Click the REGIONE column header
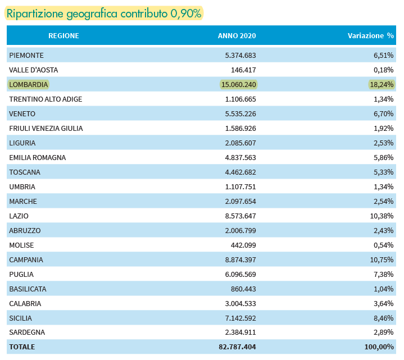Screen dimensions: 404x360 [63, 35]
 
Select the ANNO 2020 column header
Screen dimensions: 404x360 [237, 35]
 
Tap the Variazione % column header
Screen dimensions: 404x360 [371, 35]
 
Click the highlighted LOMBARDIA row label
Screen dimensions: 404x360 [28, 84]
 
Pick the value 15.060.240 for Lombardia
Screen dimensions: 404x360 [239, 84]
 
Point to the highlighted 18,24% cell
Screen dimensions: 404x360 [382, 84]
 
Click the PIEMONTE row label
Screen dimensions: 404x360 [26, 56]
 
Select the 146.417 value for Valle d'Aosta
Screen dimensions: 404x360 [243, 70]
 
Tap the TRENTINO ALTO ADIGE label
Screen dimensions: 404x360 [46, 99]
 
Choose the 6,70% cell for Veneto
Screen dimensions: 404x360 [383, 114]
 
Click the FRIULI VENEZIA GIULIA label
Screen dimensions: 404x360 [46, 128]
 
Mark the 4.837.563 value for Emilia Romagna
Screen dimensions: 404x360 [240, 158]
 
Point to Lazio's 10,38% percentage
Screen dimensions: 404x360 [382, 216]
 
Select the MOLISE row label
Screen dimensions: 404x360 [21, 245]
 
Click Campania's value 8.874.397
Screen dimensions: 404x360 [240, 259]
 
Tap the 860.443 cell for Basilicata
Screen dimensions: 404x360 [243, 289]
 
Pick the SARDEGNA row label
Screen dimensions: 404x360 [27, 332]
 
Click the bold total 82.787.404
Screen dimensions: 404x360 [237, 347]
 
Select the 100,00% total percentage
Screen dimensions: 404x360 [379, 347]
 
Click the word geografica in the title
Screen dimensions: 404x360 [92, 13]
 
